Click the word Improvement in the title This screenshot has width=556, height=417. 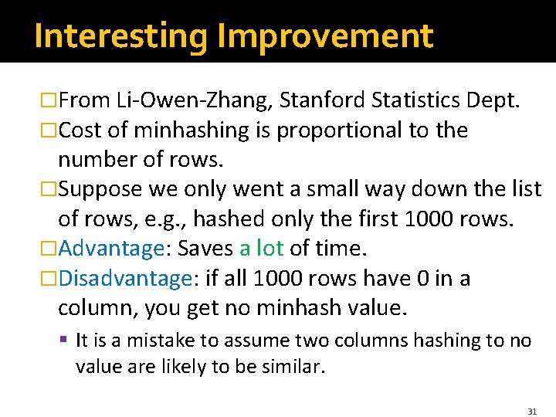pyautogui.click(x=325, y=36)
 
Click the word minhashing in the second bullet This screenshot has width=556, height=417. pyautogui.click(x=201, y=130)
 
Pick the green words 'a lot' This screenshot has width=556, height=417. pyautogui.click(x=262, y=249)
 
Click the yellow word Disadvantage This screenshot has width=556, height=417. pyautogui.click(x=124, y=278)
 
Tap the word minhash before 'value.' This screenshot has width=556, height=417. pyautogui.click(x=299, y=308)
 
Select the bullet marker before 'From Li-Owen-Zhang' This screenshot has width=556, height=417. pyautogui.click(x=49, y=100)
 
